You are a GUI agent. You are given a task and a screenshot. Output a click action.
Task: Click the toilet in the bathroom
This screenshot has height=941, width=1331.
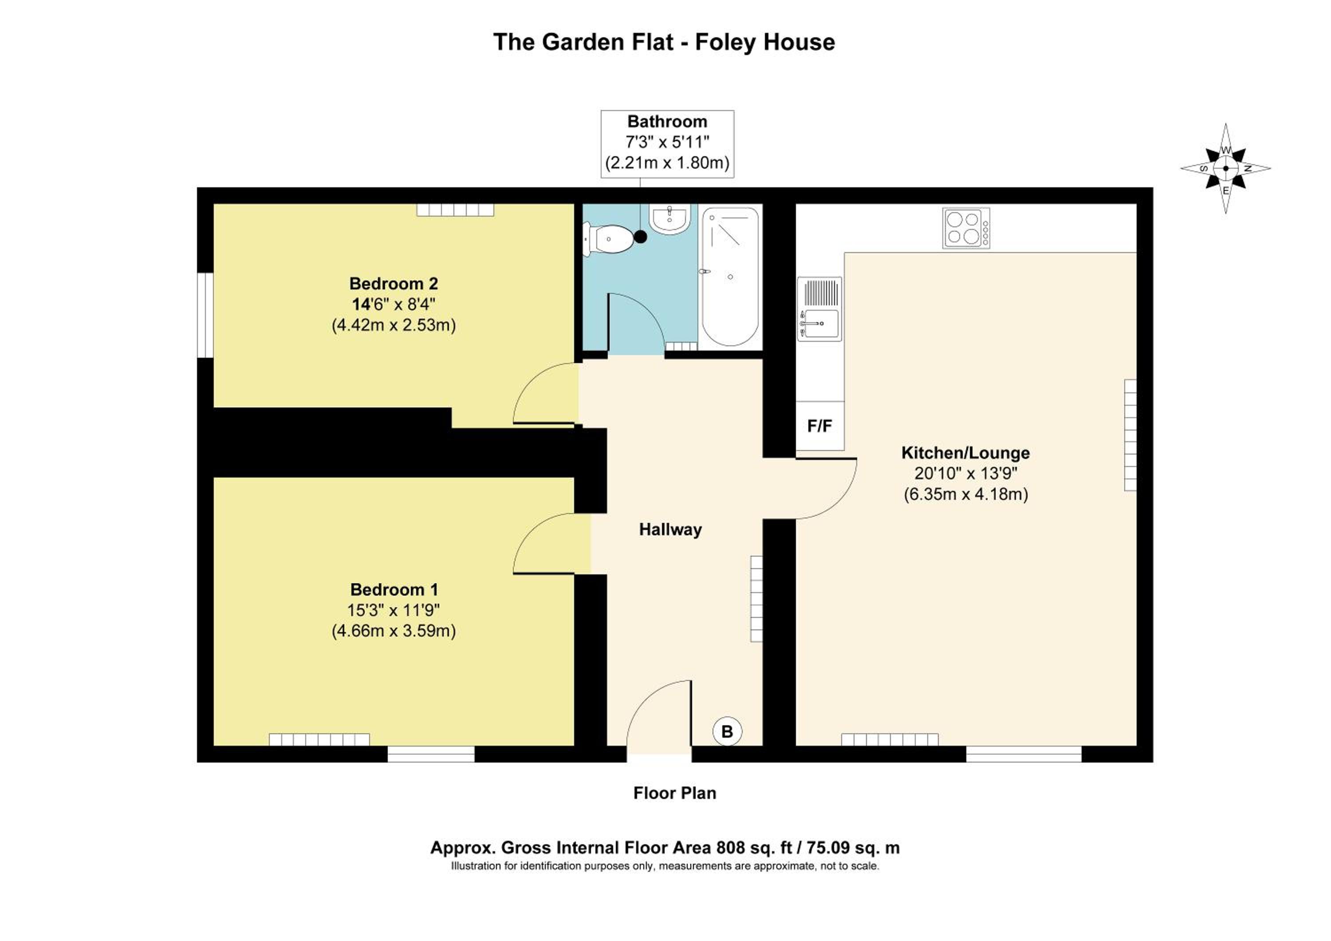point(609,239)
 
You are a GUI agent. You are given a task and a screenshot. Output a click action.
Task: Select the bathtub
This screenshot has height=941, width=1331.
point(730,277)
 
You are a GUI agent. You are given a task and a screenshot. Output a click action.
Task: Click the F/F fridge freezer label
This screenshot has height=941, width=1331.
point(820,426)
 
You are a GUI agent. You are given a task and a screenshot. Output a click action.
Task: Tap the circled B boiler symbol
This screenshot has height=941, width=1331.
point(727,731)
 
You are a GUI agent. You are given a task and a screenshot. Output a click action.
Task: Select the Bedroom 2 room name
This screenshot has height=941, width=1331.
point(394,284)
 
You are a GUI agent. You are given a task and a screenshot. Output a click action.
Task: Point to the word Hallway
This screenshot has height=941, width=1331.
point(670,530)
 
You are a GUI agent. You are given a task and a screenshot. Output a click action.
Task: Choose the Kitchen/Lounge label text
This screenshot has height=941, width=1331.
point(965,453)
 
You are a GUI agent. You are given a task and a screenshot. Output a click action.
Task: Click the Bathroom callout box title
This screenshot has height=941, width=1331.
point(667,122)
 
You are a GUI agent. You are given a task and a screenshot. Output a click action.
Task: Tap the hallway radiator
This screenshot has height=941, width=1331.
point(756,598)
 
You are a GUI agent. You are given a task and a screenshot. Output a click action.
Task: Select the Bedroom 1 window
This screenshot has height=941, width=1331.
point(431,754)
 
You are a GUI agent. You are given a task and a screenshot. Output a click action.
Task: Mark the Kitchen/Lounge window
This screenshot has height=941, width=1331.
point(1024,754)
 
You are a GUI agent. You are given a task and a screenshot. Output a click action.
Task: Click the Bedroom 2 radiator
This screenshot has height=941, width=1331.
point(455,210)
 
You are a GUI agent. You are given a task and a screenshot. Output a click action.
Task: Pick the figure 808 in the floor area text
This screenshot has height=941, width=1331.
point(730,848)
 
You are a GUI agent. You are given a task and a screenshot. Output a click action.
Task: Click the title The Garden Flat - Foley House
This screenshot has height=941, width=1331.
point(664,42)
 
